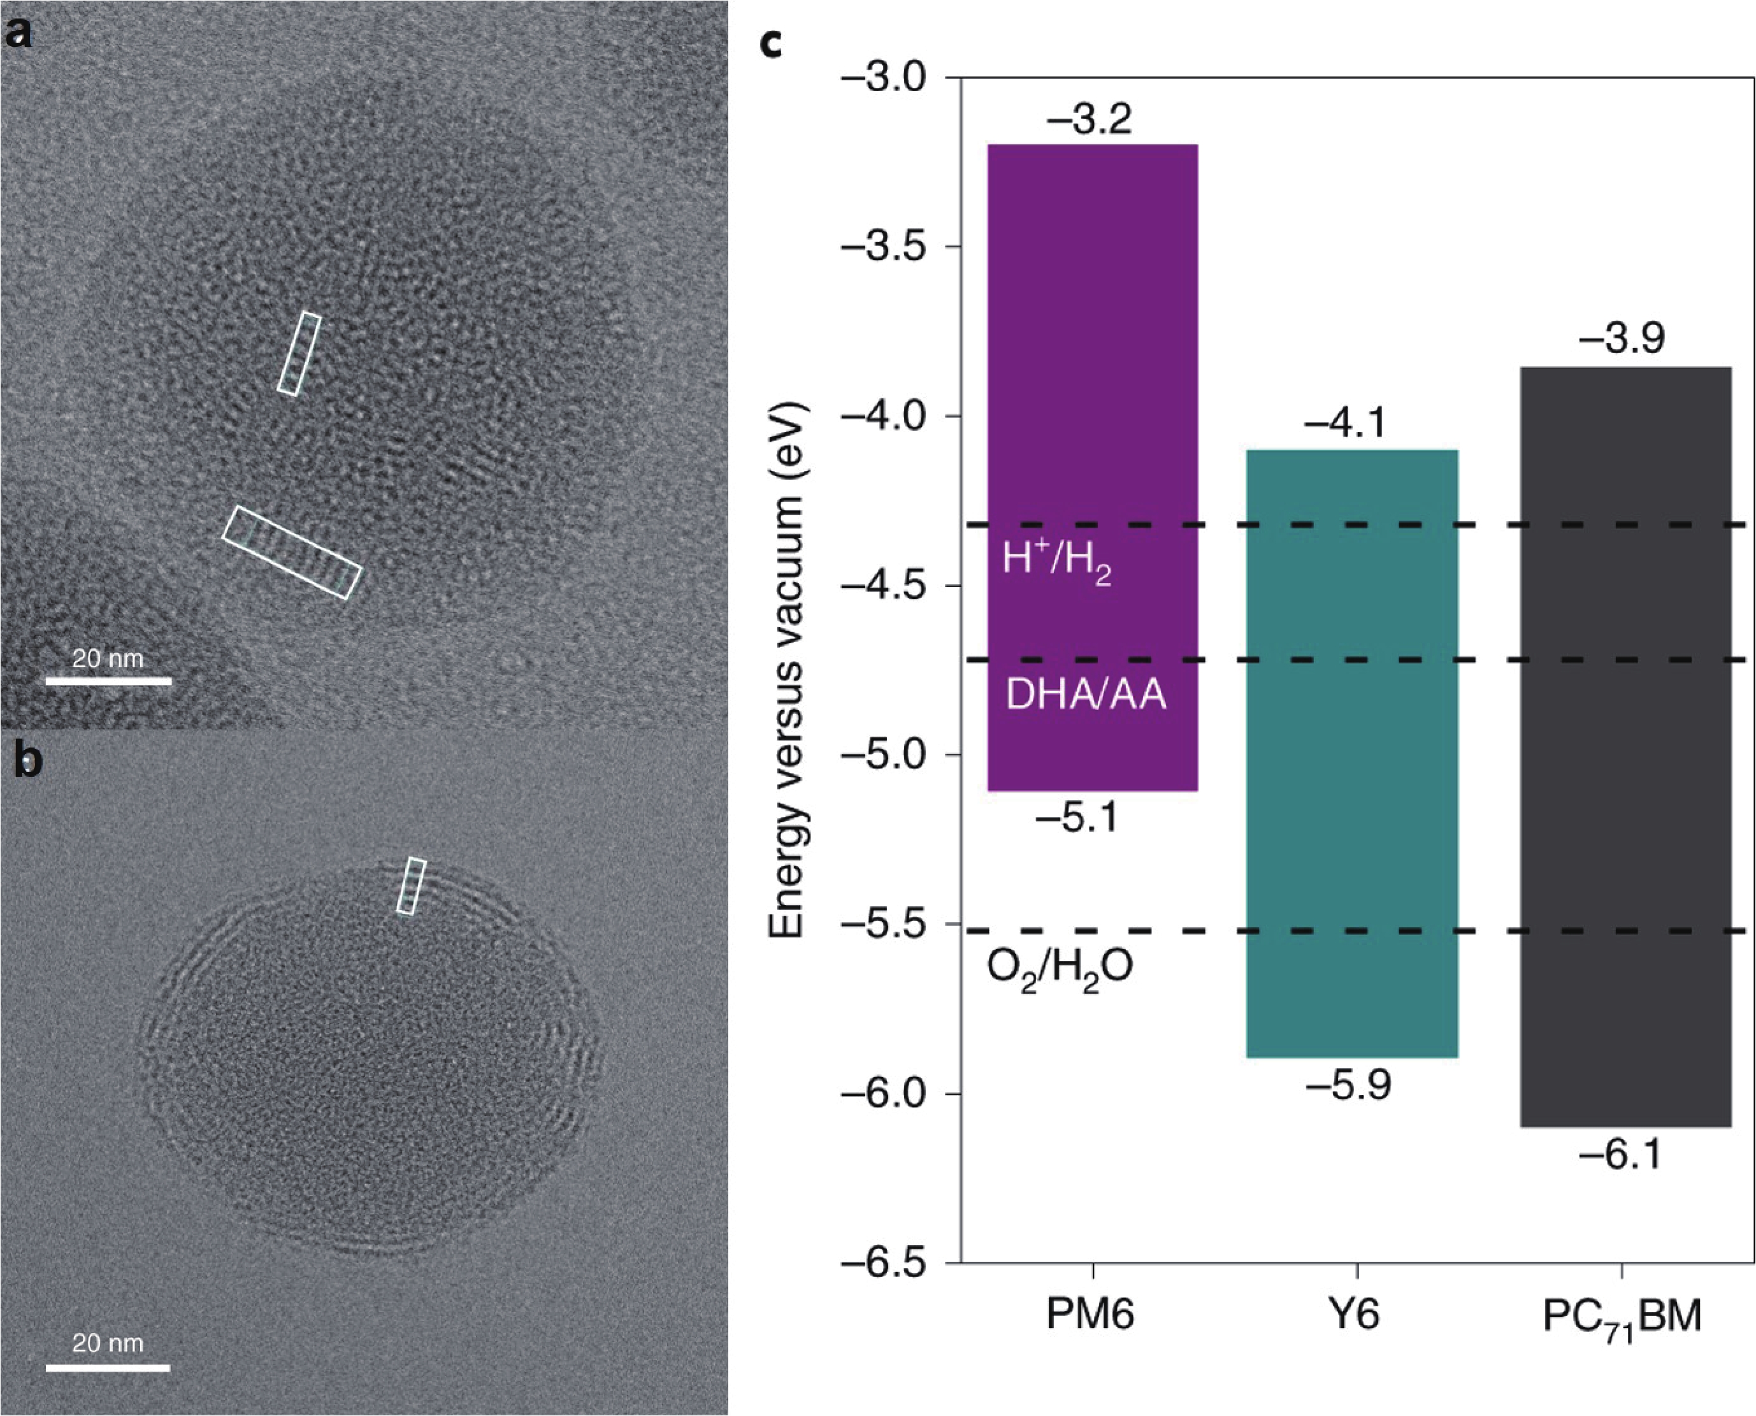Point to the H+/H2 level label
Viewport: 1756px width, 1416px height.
pyautogui.click(x=1056, y=562)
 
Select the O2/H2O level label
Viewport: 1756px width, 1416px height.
pyautogui.click(x=1060, y=970)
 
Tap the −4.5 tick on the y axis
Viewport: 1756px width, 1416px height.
pyautogui.click(x=888, y=586)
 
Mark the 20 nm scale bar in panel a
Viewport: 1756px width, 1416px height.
pyautogui.click(x=108, y=680)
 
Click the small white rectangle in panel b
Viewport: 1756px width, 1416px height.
pyautogui.click(x=411, y=885)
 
